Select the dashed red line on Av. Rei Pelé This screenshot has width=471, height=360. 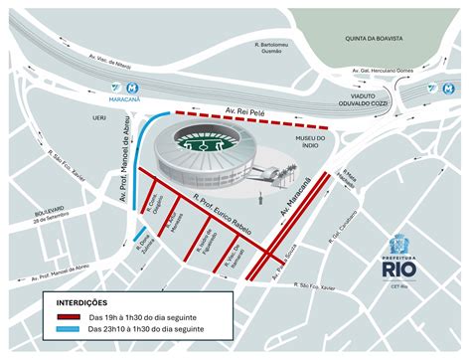[248, 118]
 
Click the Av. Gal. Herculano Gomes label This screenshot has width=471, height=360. [382, 71]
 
